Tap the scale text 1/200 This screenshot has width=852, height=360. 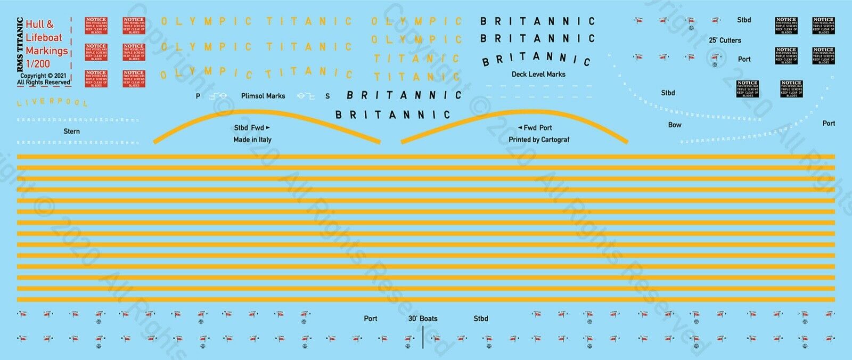tap(38, 63)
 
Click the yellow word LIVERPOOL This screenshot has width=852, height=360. tap(52, 102)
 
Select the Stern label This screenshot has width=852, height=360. tap(71, 131)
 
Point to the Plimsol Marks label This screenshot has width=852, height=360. tap(263, 96)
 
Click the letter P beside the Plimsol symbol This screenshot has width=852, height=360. tap(198, 96)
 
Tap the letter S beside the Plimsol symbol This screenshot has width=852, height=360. tap(327, 96)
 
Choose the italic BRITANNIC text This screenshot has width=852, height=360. tap(404, 95)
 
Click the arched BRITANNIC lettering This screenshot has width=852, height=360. tap(536, 59)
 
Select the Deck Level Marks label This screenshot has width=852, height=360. tap(538, 74)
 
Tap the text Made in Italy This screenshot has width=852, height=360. tap(252, 140)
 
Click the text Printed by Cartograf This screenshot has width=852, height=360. tap(539, 140)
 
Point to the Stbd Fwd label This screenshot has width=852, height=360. tap(252, 128)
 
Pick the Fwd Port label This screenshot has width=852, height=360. tap(535, 128)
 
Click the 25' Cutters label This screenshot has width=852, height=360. tap(725, 40)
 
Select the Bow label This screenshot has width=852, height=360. tap(675, 125)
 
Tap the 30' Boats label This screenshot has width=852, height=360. tap(423, 318)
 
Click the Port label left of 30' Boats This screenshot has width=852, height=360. tap(371, 318)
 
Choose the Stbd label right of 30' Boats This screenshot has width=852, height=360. tap(480, 318)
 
